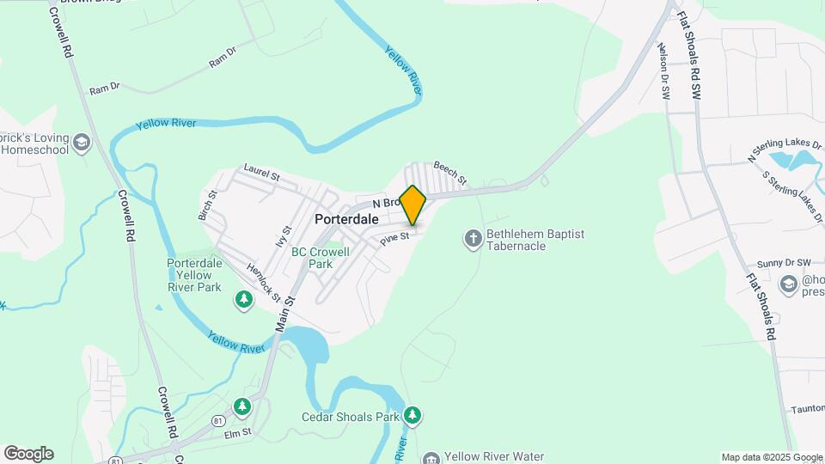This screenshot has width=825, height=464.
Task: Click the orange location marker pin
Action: (x=413, y=205)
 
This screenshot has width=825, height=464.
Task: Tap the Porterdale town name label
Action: (x=346, y=219)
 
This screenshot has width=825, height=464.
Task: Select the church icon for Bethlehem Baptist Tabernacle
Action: (x=473, y=238)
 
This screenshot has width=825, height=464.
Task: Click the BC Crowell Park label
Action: (x=321, y=258)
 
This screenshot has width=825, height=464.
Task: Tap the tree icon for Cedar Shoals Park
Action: (x=413, y=416)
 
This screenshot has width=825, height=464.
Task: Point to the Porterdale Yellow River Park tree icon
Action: (x=244, y=299)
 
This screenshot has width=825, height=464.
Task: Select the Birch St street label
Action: (x=208, y=205)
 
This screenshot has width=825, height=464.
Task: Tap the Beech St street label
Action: (x=449, y=174)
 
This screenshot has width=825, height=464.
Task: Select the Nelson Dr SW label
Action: (x=663, y=72)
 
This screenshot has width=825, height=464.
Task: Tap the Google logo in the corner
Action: (x=28, y=454)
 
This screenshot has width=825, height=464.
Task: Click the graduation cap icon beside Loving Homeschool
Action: (x=82, y=143)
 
